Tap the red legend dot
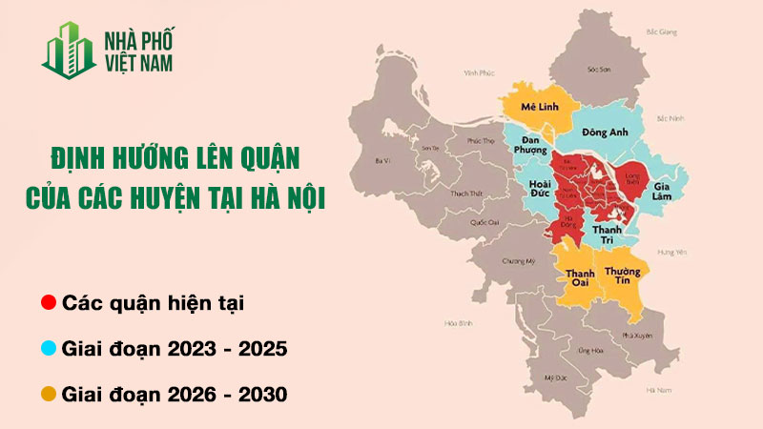click(48, 304)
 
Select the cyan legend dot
click(48, 349)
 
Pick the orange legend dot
click(48, 393)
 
